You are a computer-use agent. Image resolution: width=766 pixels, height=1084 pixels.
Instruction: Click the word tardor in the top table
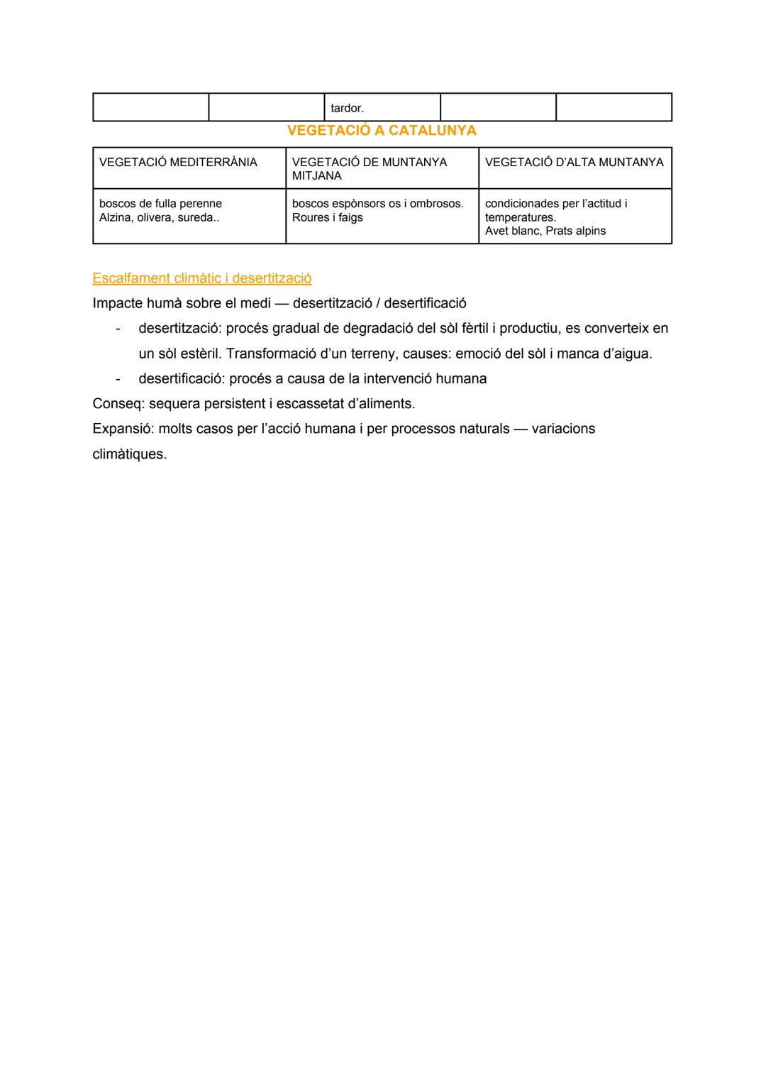tap(347, 109)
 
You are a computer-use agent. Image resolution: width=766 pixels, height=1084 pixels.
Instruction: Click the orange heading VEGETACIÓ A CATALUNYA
tap(382, 131)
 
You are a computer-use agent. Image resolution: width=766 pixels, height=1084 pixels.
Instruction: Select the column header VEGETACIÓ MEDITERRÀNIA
tap(178, 163)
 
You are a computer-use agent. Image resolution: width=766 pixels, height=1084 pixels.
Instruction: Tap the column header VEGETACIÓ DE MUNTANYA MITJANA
tap(369, 169)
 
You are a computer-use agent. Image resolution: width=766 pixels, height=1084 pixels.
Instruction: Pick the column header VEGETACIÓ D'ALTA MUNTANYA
tap(574, 163)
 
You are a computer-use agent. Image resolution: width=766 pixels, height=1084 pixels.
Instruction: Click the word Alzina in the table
tap(116, 218)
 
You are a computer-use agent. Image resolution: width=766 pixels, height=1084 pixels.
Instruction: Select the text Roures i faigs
tap(327, 218)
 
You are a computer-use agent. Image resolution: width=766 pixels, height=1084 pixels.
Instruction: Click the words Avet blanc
tap(513, 231)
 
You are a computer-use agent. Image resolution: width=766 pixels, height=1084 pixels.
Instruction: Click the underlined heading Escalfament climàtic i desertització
tap(201, 278)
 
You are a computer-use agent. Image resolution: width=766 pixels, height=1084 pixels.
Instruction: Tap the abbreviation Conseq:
tap(118, 404)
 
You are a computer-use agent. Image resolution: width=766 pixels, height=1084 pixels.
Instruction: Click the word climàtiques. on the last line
tap(129, 454)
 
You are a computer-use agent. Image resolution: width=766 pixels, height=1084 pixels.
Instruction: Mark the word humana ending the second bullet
tap(461, 379)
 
